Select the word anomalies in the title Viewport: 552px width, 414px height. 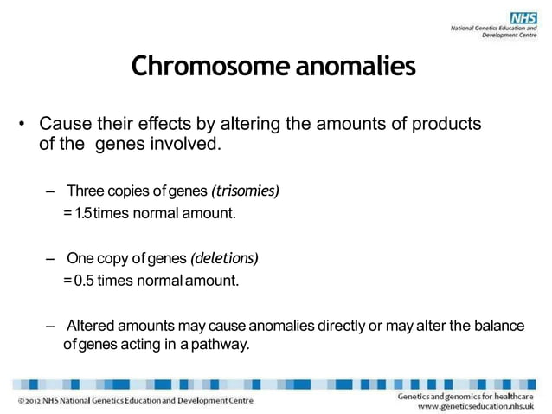pyautogui.click(x=356, y=66)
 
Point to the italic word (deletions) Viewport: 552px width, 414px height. pyautogui.click(x=224, y=259)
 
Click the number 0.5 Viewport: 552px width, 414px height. pyautogui.click(x=85, y=281)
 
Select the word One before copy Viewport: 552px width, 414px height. pyautogui.click(x=80, y=259)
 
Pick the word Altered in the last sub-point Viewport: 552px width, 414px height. pyautogui.click(x=90, y=326)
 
